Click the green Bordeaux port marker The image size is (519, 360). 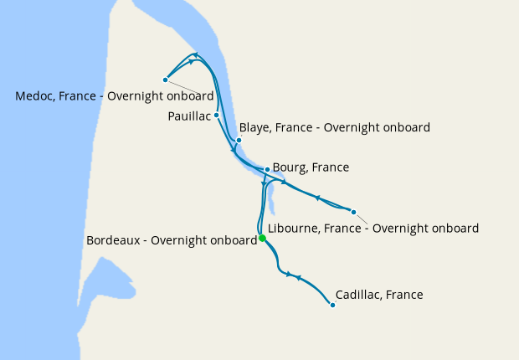tap(262, 239)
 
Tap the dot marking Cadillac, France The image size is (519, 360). tap(332, 305)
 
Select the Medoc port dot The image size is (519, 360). tap(165, 80)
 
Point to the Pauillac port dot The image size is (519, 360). tap(216, 115)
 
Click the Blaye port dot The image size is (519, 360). tap(239, 140)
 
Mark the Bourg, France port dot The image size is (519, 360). tap(267, 170)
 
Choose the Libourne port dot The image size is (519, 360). tap(353, 212)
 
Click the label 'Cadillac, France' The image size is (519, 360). tap(378, 295)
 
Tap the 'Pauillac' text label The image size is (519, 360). tap(189, 116)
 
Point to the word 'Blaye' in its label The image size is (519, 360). tap(255, 128)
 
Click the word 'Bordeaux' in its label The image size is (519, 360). tap(114, 240)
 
